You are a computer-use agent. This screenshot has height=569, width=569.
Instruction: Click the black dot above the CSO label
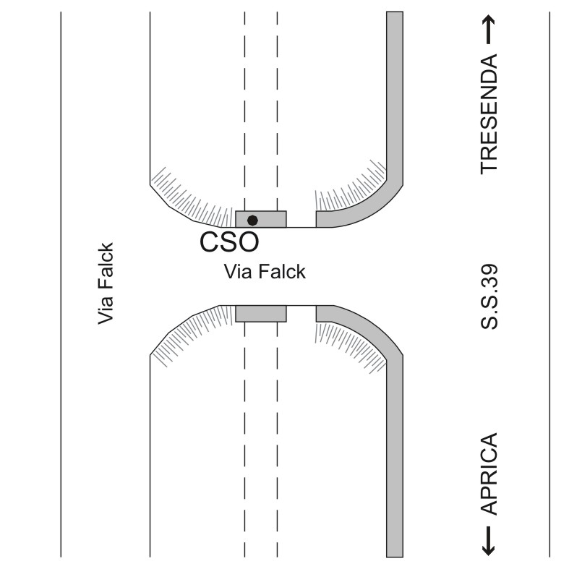pyautogui.click(x=252, y=220)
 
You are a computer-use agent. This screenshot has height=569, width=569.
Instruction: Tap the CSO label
pyautogui.click(x=228, y=242)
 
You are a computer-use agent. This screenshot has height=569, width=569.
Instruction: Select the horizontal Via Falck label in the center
pyautogui.click(x=265, y=272)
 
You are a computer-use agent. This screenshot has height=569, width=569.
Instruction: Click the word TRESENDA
pyautogui.click(x=490, y=113)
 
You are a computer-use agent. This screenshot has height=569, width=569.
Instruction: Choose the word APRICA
pyautogui.click(x=490, y=474)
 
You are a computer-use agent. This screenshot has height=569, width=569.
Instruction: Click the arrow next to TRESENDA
pyautogui.click(x=490, y=30)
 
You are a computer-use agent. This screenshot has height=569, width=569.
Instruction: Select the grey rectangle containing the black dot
pyautogui.click(x=261, y=219)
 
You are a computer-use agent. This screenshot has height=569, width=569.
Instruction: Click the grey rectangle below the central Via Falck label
pyautogui.click(x=261, y=313)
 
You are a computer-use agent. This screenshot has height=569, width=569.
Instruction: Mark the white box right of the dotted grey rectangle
pyautogui.click(x=301, y=219)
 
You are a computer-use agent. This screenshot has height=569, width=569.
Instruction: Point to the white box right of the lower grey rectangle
pyautogui.click(x=301, y=313)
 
